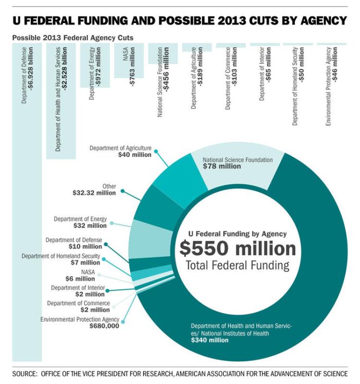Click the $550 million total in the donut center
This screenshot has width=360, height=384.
[x=238, y=249]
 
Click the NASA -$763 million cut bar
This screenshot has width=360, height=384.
[x=129, y=60]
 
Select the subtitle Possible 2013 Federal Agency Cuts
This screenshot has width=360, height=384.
[x=73, y=38]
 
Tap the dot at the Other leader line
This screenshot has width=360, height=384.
[x=122, y=191]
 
